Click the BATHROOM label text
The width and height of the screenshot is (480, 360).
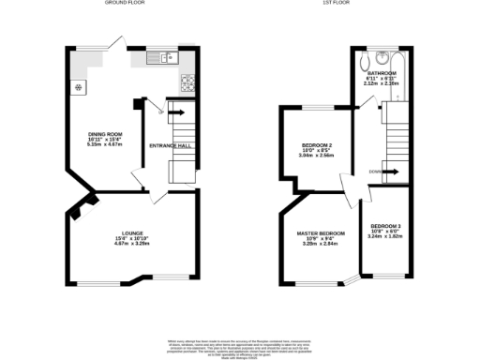pos(381,72)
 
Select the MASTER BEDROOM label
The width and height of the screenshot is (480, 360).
pos(321,232)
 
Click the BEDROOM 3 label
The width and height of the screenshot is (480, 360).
pos(385,227)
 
